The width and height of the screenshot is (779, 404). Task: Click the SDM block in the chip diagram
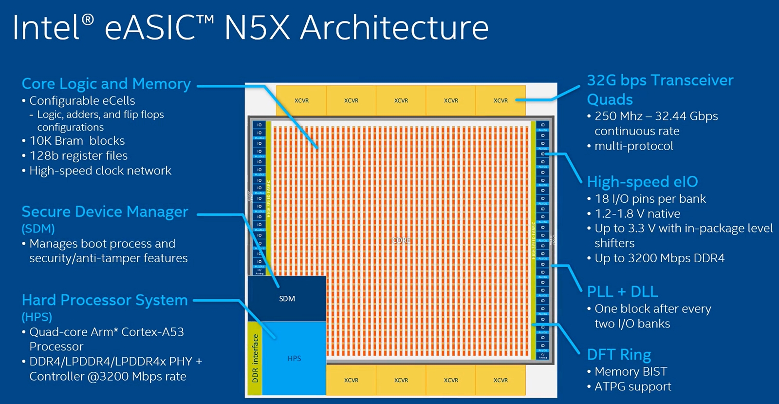tap(287, 299)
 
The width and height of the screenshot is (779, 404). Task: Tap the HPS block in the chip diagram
tap(294, 358)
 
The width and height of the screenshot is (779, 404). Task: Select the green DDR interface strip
tap(255, 358)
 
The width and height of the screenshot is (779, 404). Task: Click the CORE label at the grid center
tap(401, 240)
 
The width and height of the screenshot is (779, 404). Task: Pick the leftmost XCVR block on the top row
tap(301, 100)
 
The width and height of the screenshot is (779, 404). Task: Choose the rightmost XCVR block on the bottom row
tap(501, 380)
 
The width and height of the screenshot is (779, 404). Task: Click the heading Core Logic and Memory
tap(106, 84)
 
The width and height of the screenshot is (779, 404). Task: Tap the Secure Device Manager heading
tap(105, 212)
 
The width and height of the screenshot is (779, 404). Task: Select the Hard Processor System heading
tap(105, 300)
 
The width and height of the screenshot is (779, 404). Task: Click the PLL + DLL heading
tap(622, 291)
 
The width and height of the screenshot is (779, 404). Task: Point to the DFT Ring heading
tap(619, 354)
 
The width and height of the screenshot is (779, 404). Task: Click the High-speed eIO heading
tap(642, 182)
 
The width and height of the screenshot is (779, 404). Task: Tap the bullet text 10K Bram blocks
tap(77, 141)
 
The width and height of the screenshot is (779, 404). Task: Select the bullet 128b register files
tap(78, 155)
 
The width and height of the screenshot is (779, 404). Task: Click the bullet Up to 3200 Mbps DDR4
tap(659, 258)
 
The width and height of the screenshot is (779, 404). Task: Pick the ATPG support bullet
tap(632, 386)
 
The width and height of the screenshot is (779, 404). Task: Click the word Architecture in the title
tap(394, 28)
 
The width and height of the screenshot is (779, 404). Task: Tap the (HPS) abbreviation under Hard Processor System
tap(37, 317)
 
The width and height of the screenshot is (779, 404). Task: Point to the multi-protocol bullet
tap(633, 146)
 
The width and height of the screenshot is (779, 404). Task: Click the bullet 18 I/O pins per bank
tap(650, 199)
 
